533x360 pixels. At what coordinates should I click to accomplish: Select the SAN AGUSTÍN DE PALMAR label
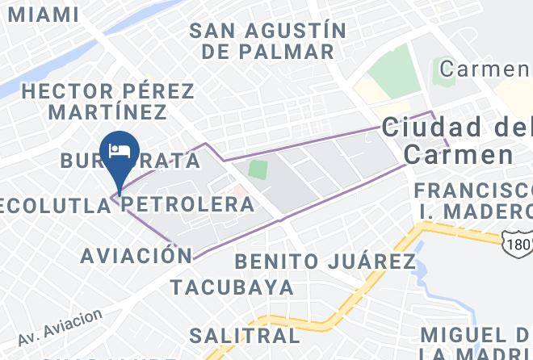267,41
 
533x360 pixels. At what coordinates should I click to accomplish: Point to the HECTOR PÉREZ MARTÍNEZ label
107,101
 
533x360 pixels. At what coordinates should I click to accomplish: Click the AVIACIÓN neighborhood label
128,256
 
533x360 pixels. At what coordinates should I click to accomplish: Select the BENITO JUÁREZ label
325,262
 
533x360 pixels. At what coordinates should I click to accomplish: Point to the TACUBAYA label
231,287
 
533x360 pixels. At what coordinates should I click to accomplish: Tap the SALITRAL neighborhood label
244,334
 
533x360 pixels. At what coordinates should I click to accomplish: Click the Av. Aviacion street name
60,324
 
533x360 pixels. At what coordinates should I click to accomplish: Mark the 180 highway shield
516,242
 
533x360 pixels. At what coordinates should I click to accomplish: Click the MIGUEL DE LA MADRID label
476,344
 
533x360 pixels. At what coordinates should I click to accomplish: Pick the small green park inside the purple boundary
258,170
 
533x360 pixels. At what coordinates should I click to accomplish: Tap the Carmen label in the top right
484,69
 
